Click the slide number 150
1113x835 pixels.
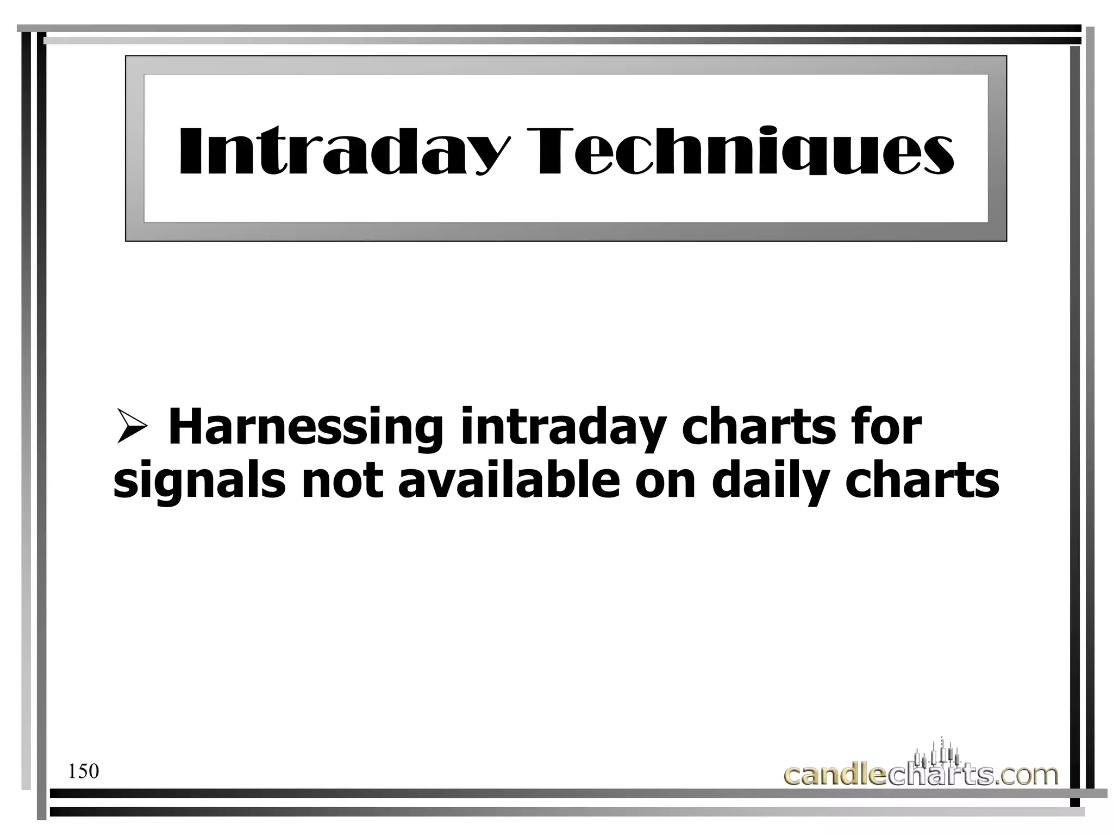coord(84,771)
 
